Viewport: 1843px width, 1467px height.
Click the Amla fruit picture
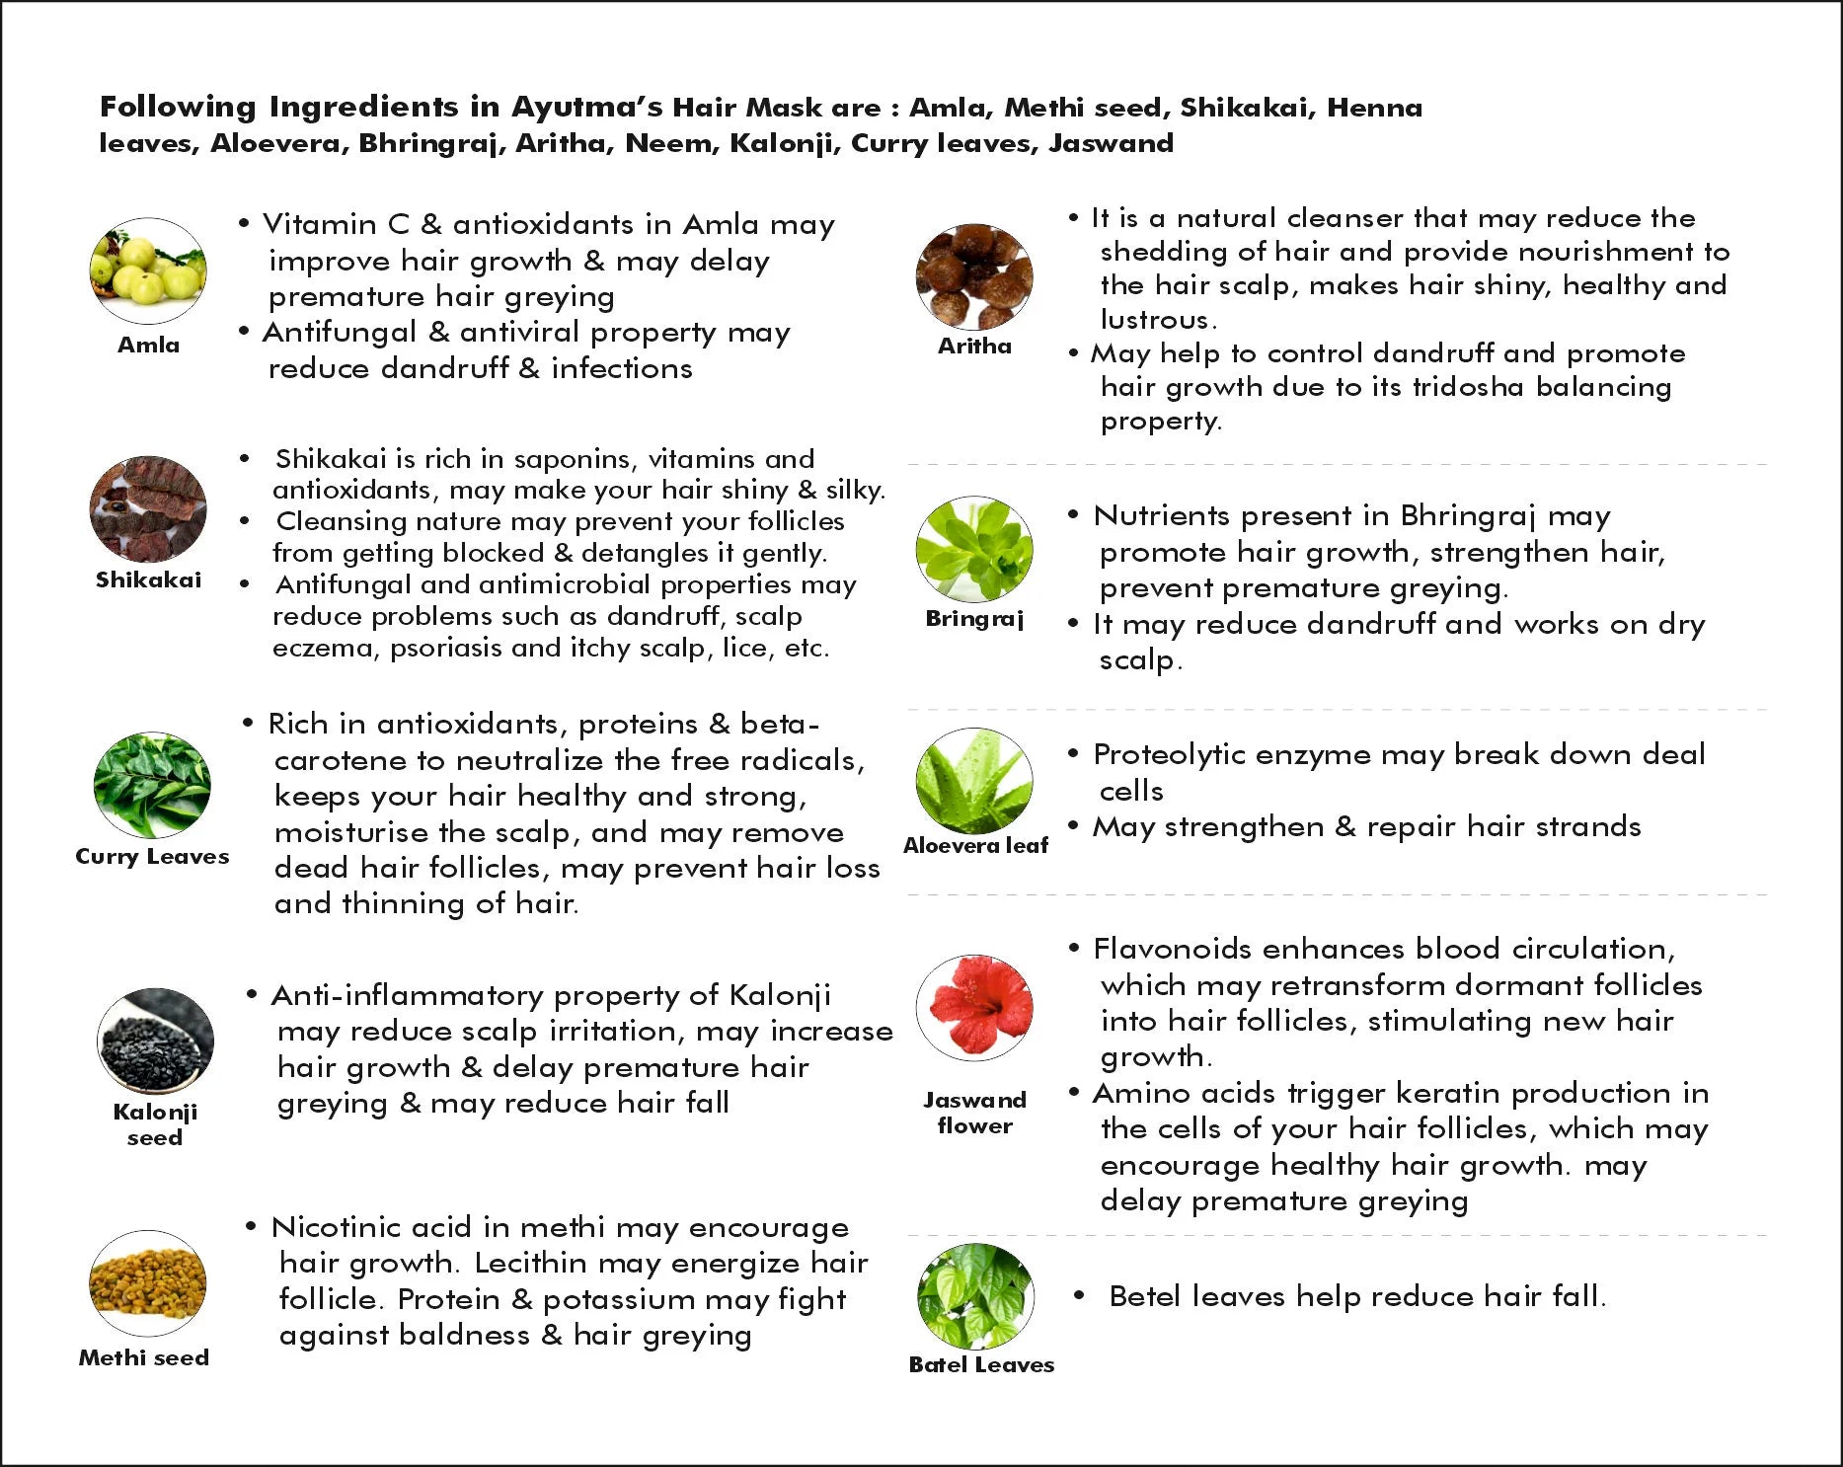148,270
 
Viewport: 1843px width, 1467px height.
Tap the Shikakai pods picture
148,509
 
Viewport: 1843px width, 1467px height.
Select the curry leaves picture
152,785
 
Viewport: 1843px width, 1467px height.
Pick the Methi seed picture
148,1283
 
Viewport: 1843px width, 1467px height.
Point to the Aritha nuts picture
974,276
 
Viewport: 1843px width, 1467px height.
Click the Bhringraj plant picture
974,550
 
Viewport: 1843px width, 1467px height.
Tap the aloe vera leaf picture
974,781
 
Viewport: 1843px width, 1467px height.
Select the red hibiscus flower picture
974,1008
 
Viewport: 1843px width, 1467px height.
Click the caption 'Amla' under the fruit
148,345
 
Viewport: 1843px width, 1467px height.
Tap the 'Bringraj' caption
974,619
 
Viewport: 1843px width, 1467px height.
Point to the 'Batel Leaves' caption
981,1364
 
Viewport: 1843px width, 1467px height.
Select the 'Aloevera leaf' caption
975,845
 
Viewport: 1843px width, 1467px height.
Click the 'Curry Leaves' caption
152,856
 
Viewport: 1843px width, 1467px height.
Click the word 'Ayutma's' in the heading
586,107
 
